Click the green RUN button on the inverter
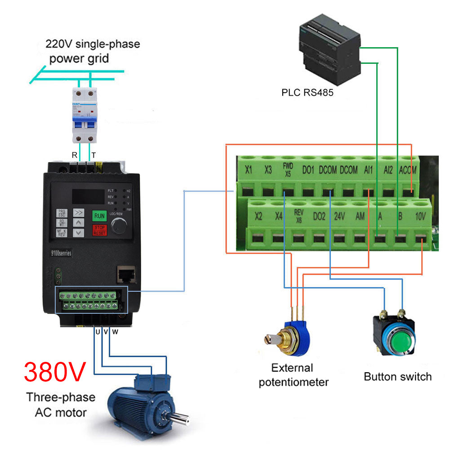point(99,216)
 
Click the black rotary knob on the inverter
point(120,227)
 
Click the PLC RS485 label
point(307,93)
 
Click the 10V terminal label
point(420,216)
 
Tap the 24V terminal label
point(339,216)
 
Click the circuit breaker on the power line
point(85,116)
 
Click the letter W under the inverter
point(115,332)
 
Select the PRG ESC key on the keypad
point(62,213)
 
